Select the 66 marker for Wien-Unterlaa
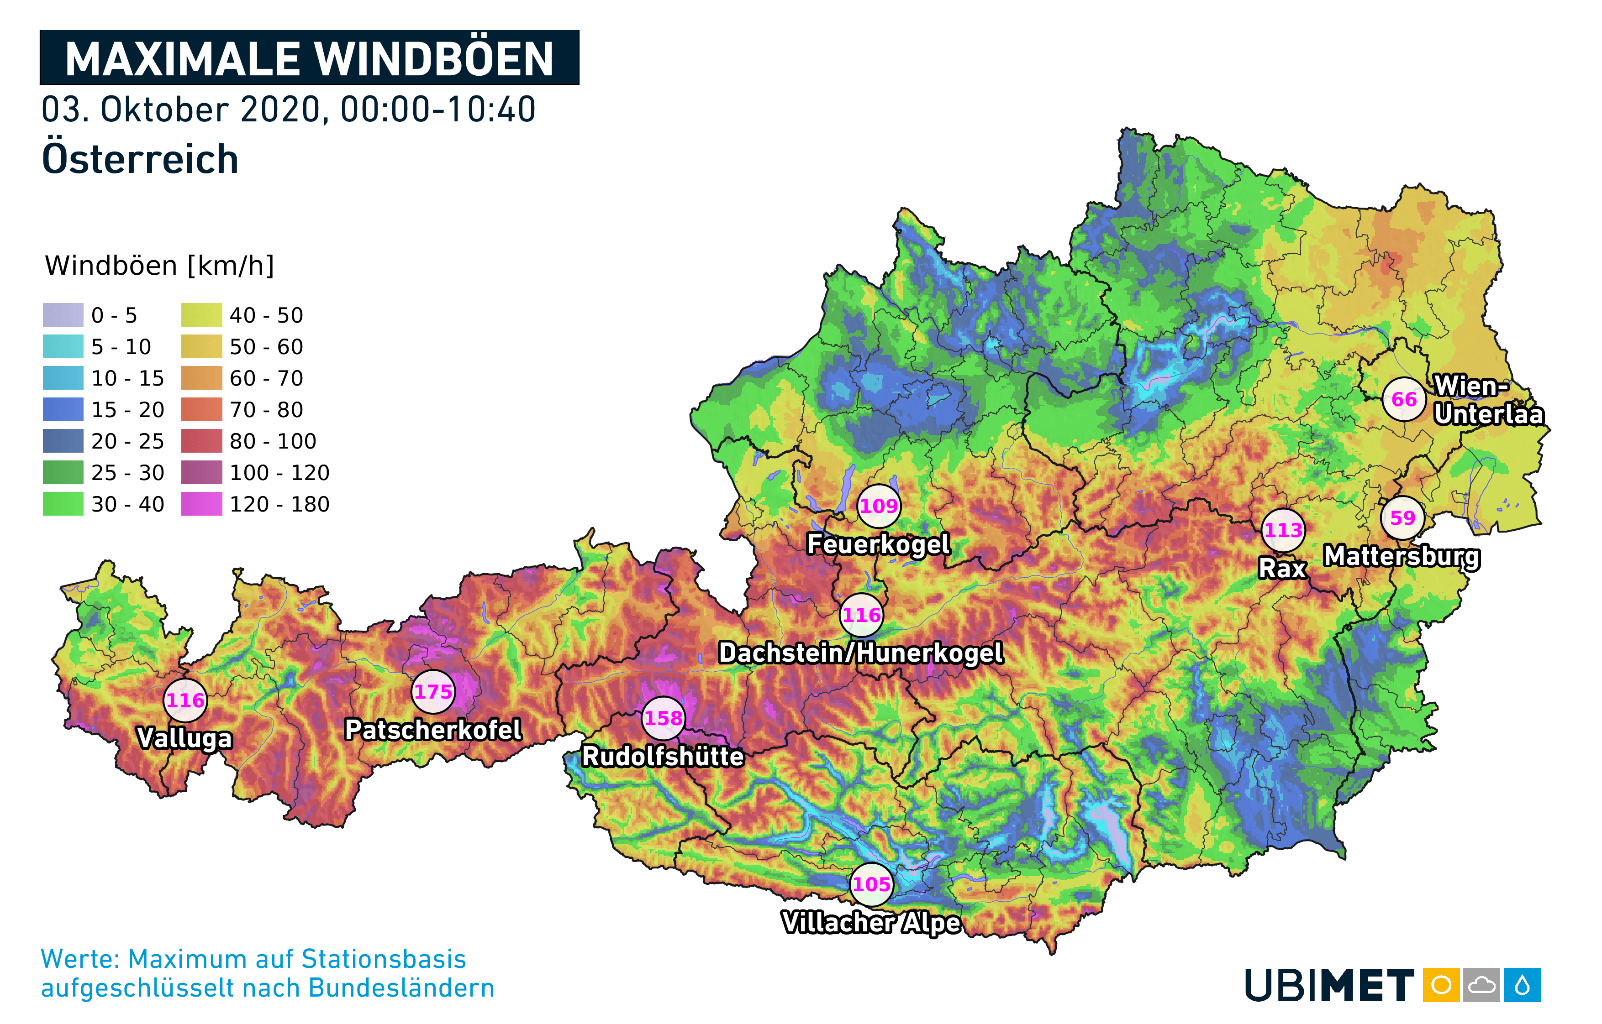1404,399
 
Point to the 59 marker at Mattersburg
1402,518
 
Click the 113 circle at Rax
1283,530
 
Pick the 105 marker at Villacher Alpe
871,884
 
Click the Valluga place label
185,738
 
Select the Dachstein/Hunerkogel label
860,653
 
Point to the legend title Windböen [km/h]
160,265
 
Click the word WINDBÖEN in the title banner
434,59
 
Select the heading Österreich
140,160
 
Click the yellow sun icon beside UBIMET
1441,985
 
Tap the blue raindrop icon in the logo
1522,985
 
